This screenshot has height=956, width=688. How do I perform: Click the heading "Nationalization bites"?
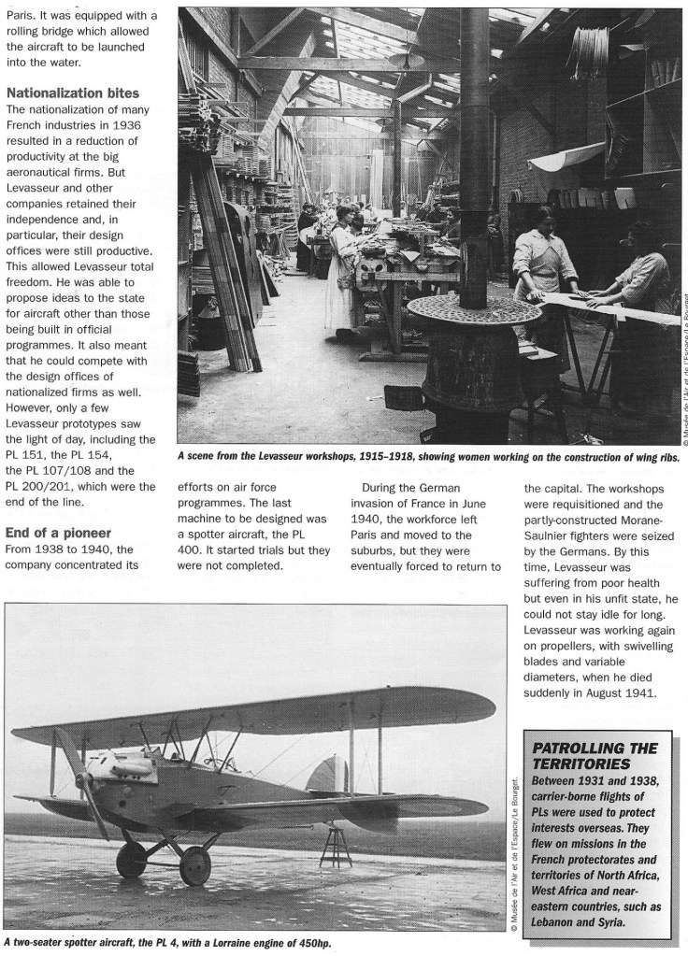pos(73,93)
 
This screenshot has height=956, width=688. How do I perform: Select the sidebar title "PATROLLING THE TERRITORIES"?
pos(594,756)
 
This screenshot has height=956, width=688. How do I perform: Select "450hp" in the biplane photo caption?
pos(310,943)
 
